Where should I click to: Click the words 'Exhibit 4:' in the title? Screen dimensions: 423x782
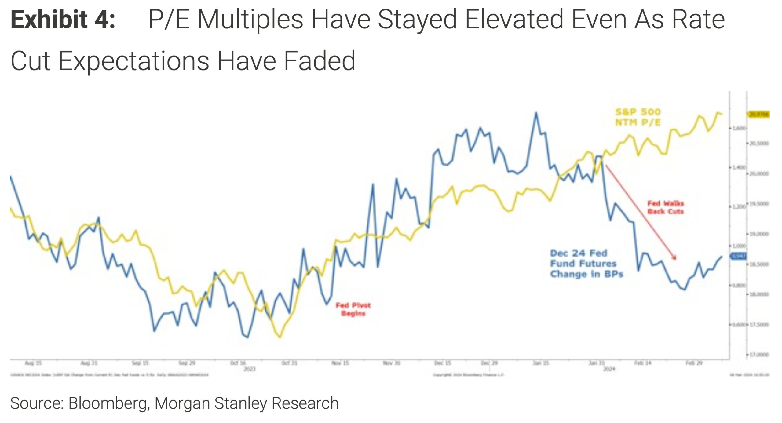pyautogui.click(x=63, y=20)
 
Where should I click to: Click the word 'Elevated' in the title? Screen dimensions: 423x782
pyautogui.click(x=514, y=20)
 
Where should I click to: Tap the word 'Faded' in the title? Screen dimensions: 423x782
pyautogui.click(x=320, y=61)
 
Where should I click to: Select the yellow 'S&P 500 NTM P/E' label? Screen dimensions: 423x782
pyautogui.click(x=638, y=117)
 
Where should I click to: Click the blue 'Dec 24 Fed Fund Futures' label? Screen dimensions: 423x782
pyautogui.click(x=586, y=264)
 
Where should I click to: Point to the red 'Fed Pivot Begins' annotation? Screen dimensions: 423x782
pyautogui.click(x=353, y=309)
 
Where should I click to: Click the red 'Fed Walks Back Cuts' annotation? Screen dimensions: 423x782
pyautogui.click(x=665, y=207)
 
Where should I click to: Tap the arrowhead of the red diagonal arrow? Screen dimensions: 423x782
pyautogui.click(x=674, y=258)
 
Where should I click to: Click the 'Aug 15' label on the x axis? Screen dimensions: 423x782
pyautogui.click(x=33, y=363)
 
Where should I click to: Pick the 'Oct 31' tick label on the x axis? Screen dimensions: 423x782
pyautogui.click(x=289, y=363)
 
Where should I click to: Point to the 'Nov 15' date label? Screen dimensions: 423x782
pyautogui.click(x=340, y=363)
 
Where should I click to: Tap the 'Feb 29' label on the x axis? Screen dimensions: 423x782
pyautogui.click(x=694, y=363)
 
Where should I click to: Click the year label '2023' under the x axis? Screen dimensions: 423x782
pyautogui.click(x=249, y=369)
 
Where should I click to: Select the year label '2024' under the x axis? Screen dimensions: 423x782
pyautogui.click(x=609, y=369)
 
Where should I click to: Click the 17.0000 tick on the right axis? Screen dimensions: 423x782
pyautogui.click(x=759, y=355)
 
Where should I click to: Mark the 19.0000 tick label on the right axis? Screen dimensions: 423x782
pyautogui.click(x=759, y=234)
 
